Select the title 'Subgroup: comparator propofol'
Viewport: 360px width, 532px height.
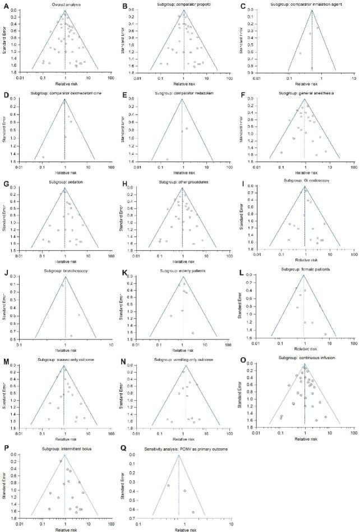183,6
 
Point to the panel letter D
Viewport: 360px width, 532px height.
4,93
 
